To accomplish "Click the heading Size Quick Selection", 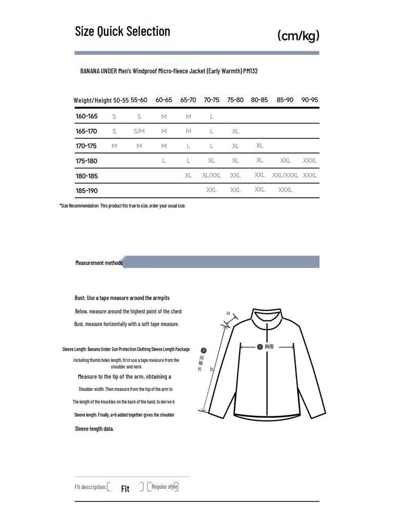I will click(x=122, y=31).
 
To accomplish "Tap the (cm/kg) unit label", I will click(x=298, y=35).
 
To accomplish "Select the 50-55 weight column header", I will click(x=121, y=100).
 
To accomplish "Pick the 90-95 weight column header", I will click(x=310, y=100).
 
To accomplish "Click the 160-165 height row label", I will click(x=87, y=116).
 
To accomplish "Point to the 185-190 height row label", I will click(x=87, y=191).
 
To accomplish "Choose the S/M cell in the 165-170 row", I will click(x=139, y=131).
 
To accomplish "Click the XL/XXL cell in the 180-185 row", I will click(x=211, y=175).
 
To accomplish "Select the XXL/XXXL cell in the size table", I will click(x=285, y=175).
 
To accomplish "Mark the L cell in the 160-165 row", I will click(x=211, y=116).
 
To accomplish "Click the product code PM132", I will click(x=250, y=71).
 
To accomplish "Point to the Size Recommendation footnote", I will click(x=123, y=206).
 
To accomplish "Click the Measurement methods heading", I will click(x=99, y=263).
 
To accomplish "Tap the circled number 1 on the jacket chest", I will click(x=260, y=347).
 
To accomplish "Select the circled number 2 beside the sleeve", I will click(x=204, y=351).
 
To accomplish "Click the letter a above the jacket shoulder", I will click(x=228, y=313).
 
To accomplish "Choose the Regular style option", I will click(x=164, y=487).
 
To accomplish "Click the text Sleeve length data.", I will click(x=94, y=429).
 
